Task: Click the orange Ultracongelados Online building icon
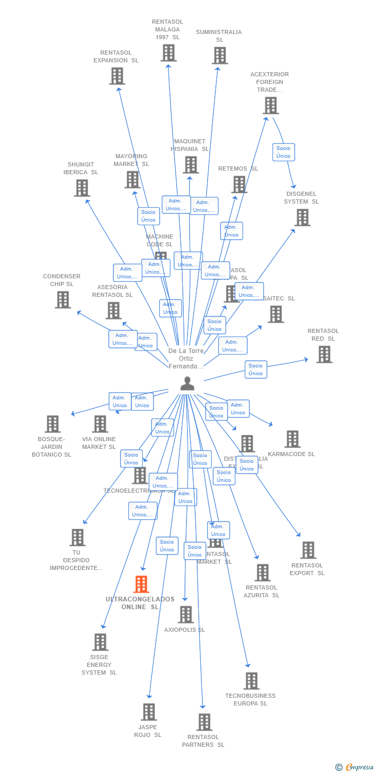pyautogui.click(x=141, y=584)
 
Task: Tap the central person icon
pyautogui.click(x=187, y=383)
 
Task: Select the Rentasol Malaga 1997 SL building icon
pyautogui.click(x=168, y=53)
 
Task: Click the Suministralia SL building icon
pyautogui.click(x=219, y=56)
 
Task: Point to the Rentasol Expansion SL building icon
pyautogui.click(x=117, y=76)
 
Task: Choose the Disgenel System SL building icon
pyautogui.click(x=302, y=217)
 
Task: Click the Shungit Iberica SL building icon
pyautogui.click(x=81, y=188)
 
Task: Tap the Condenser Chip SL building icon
pyautogui.click(x=63, y=299)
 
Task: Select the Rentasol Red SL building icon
pyautogui.click(x=324, y=355)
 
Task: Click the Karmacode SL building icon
pyautogui.click(x=292, y=439)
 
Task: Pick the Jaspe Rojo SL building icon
pyautogui.click(x=149, y=712)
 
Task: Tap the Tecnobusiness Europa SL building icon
pyautogui.click(x=251, y=681)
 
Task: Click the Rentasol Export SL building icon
pyautogui.click(x=308, y=550)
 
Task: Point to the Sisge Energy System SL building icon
pyautogui.click(x=100, y=642)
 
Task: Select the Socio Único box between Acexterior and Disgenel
pyautogui.click(x=283, y=152)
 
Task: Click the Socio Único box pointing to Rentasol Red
pyautogui.click(x=255, y=369)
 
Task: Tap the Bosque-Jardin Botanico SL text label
pyautogui.click(x=52, y=447)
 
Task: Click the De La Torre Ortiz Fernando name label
pyautogui.click(x=186, y=358)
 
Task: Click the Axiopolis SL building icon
pyautogui.click(x=185, y=614)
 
